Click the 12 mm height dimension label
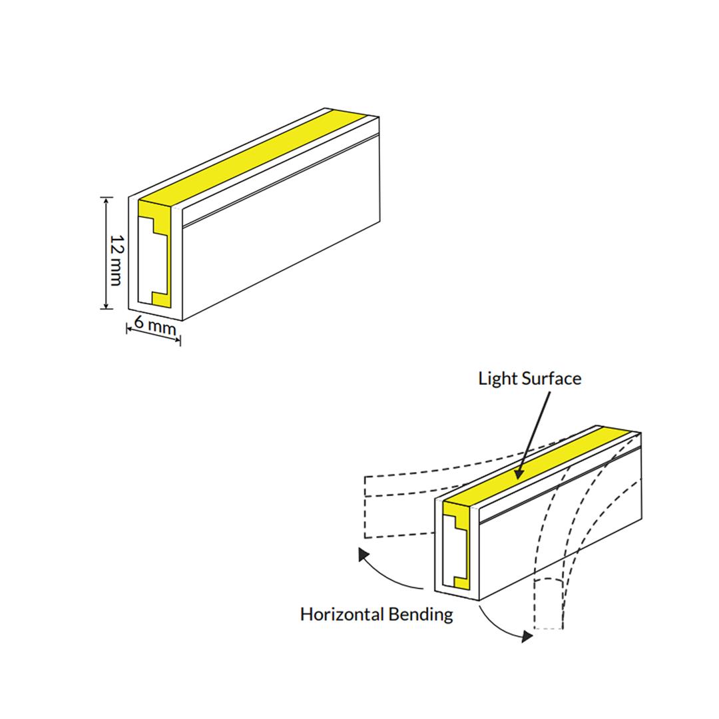(115, 260)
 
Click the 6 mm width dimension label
(154, 326)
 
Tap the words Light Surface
(529, 379)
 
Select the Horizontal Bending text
(376, 613)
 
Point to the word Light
(498, 379)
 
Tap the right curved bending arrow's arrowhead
(527, 636)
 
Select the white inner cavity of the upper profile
(146, 262)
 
